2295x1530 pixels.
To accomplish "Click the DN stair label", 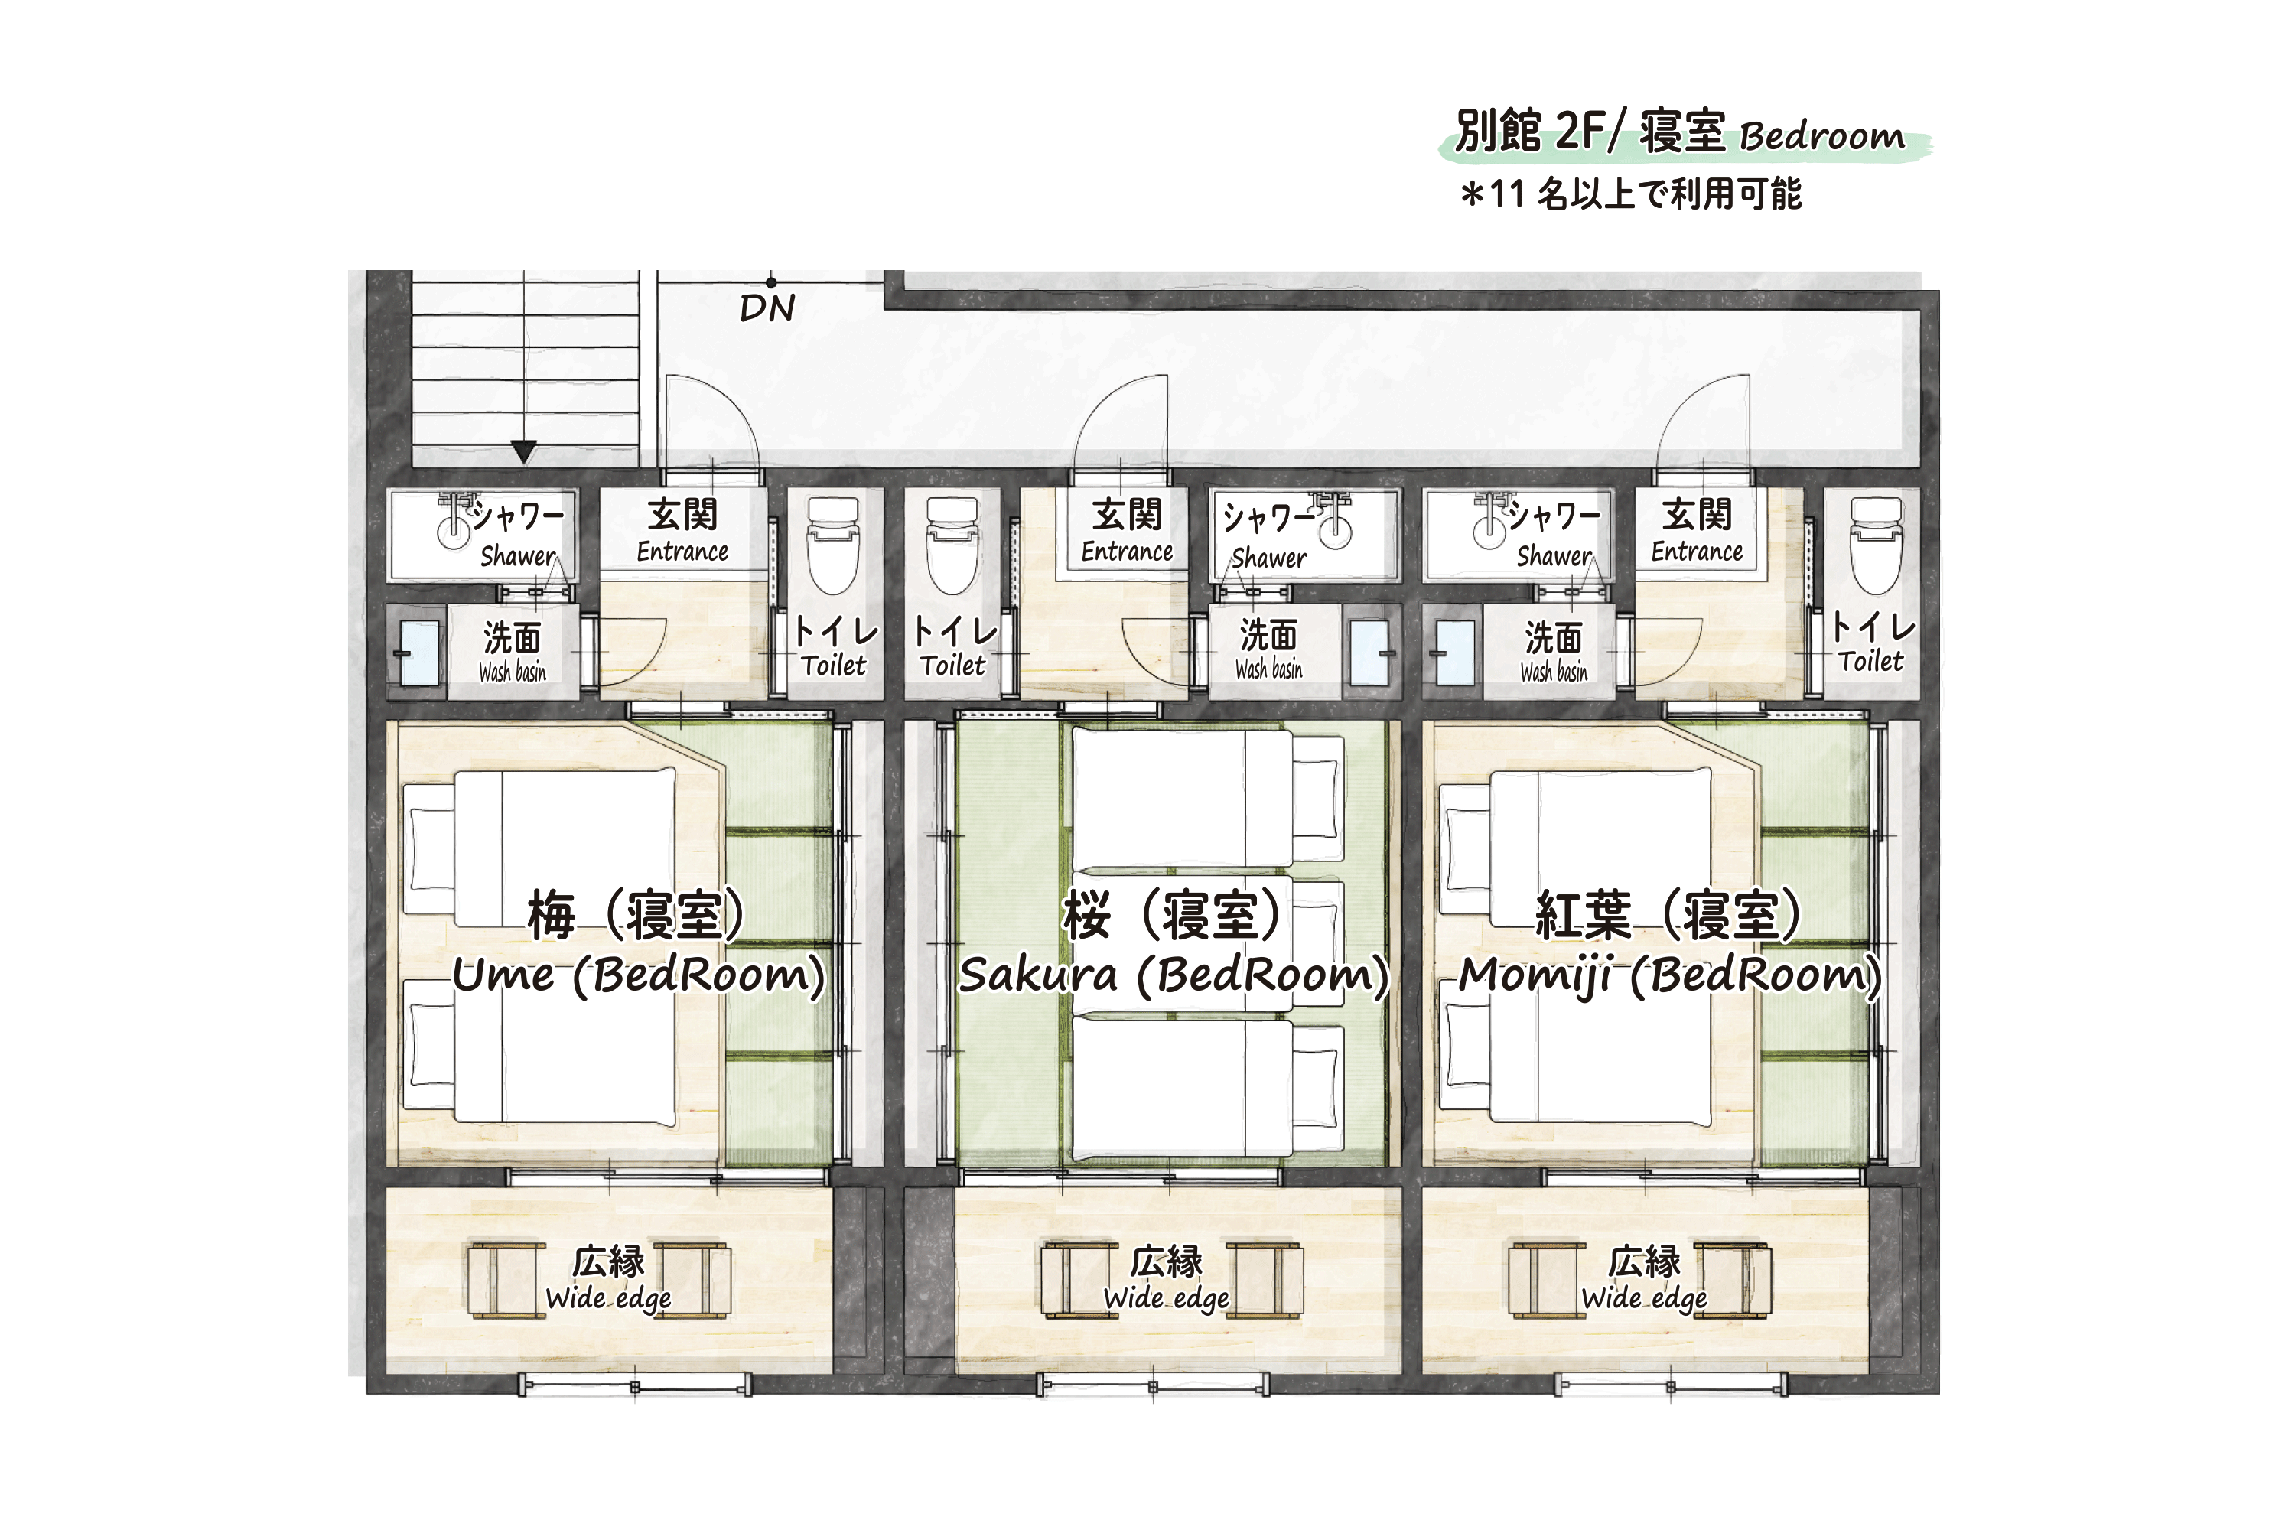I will [x=767, y=308].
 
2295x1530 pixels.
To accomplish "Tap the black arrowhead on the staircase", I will [x=524, y=451].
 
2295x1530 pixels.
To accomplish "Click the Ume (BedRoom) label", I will [x=638, y=974].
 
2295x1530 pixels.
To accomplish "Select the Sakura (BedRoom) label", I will [x=1174, y=974].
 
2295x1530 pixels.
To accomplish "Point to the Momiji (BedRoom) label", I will [x=1669, y=974].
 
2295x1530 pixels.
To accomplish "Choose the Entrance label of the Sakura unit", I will [x=1127, y=552].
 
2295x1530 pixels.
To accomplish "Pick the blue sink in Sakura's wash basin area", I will [x=1370, y=653].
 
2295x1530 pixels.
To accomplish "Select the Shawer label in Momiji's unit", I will [x=1554, y=556].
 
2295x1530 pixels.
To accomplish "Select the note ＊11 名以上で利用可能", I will [x=1630, y=194].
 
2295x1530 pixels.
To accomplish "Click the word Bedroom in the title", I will [x=1821, y=138].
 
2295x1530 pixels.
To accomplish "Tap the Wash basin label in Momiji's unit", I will [x=1554, y=672].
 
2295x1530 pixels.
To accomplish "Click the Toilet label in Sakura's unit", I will [x=953, y=666].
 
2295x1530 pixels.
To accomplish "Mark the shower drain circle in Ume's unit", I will [x=454, y=532].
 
